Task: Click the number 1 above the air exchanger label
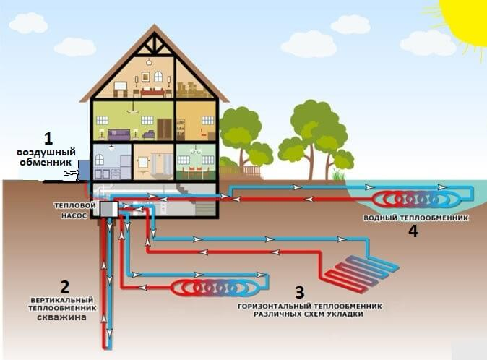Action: pyautogui.click(x=48, y=137)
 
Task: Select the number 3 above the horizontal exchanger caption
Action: pyautogui.click(x=300, y=292)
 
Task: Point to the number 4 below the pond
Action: pyautogui.click(x=413, y=231)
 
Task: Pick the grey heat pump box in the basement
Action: pyautogui.click(x=109, y=209)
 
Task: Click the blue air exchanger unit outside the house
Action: pyautogui.click(x=85, y=170)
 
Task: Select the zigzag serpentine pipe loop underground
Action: pyautogui.click(x=360, y=270)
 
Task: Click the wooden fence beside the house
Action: pyautogui.click(x=250, y=172)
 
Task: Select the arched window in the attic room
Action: pyautogui.click(x=158, y=77)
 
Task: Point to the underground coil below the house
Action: pyautogui.click(x=215, y=288)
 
